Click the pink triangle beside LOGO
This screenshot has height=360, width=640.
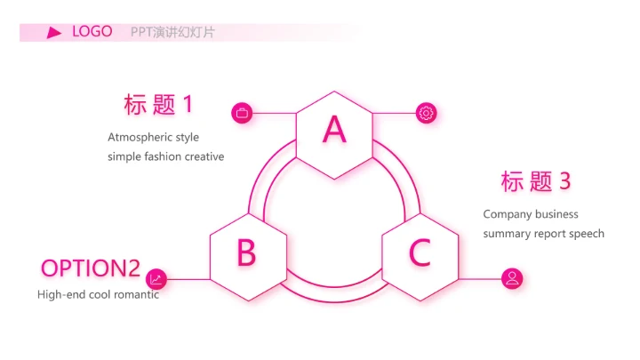[54, 33]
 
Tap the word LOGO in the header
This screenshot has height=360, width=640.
[92, 31]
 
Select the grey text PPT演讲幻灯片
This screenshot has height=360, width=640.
[172, 32]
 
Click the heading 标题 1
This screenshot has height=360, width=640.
[158, 105]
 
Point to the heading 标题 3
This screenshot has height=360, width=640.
[535, 181]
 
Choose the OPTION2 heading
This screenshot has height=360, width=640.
[91, 268]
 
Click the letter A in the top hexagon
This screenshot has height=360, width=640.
[334, 129]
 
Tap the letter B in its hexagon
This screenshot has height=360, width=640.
[246, 252]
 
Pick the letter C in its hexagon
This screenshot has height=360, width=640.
[420, 252]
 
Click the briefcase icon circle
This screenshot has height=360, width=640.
[242, 113]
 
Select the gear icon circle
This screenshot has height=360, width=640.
[426, 113]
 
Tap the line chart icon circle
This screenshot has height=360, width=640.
[156, 279]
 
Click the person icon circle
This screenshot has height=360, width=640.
[512, 279]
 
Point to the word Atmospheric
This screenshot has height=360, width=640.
[140, 138]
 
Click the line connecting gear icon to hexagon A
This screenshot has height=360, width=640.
[394, 113]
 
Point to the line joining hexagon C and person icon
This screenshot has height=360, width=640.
[480, 279]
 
